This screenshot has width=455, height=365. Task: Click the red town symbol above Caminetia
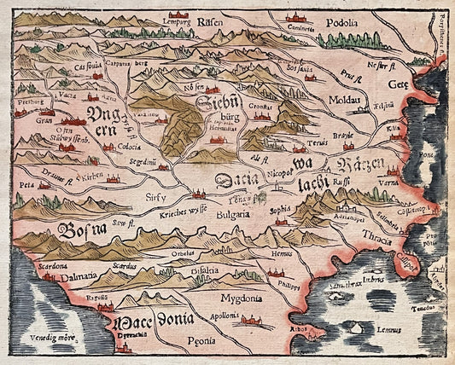(x=298, y=17)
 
